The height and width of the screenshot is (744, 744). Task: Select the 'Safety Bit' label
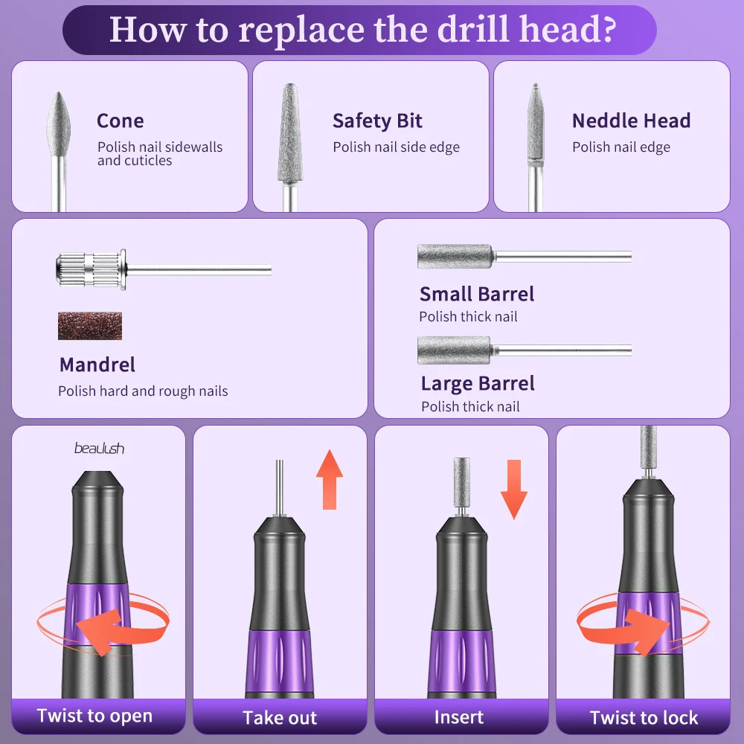(x=377, y=121)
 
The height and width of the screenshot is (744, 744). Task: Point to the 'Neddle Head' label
(x=631, y=121)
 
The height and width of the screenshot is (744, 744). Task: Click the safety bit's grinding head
(x=290, y=133)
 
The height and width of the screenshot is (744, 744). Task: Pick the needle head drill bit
(x=536, y=147)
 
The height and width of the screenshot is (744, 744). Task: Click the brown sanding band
(x=90, y=326)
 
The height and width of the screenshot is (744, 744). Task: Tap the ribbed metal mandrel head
(x=91, y=269)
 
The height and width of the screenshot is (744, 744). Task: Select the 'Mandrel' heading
(x=97, y=365)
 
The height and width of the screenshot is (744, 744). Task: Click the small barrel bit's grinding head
(x=455, y=256)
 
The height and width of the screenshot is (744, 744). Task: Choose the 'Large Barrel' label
(x=478, y=384)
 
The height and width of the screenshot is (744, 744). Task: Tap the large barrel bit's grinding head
(x=454, y=350)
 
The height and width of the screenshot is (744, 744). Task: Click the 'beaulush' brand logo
(x=99, y=448)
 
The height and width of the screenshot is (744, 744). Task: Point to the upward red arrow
(x=330, y=479)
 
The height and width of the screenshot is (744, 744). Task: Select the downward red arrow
(x=514, y=490)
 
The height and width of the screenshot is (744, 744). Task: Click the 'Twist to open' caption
(x=95, y=716)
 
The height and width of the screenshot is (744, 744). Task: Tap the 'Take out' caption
(x=280, y=717)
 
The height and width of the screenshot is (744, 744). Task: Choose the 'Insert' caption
(x=459, y=717)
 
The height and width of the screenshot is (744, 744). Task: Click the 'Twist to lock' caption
(x=644, y=717)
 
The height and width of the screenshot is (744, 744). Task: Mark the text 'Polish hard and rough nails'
(x=143, y=391)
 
